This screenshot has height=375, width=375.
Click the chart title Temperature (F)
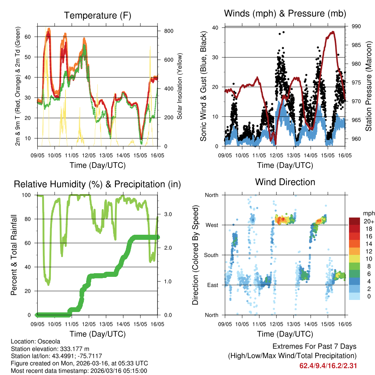point(97,15)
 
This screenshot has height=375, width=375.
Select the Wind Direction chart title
point(285,182)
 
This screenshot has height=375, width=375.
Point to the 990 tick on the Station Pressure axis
point(356,26)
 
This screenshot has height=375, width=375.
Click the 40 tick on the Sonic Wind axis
point(215,28)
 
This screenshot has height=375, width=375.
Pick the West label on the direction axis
point(211,225)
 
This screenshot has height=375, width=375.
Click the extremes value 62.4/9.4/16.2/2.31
point(328,365)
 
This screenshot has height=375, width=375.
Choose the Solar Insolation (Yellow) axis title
point(179,86)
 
